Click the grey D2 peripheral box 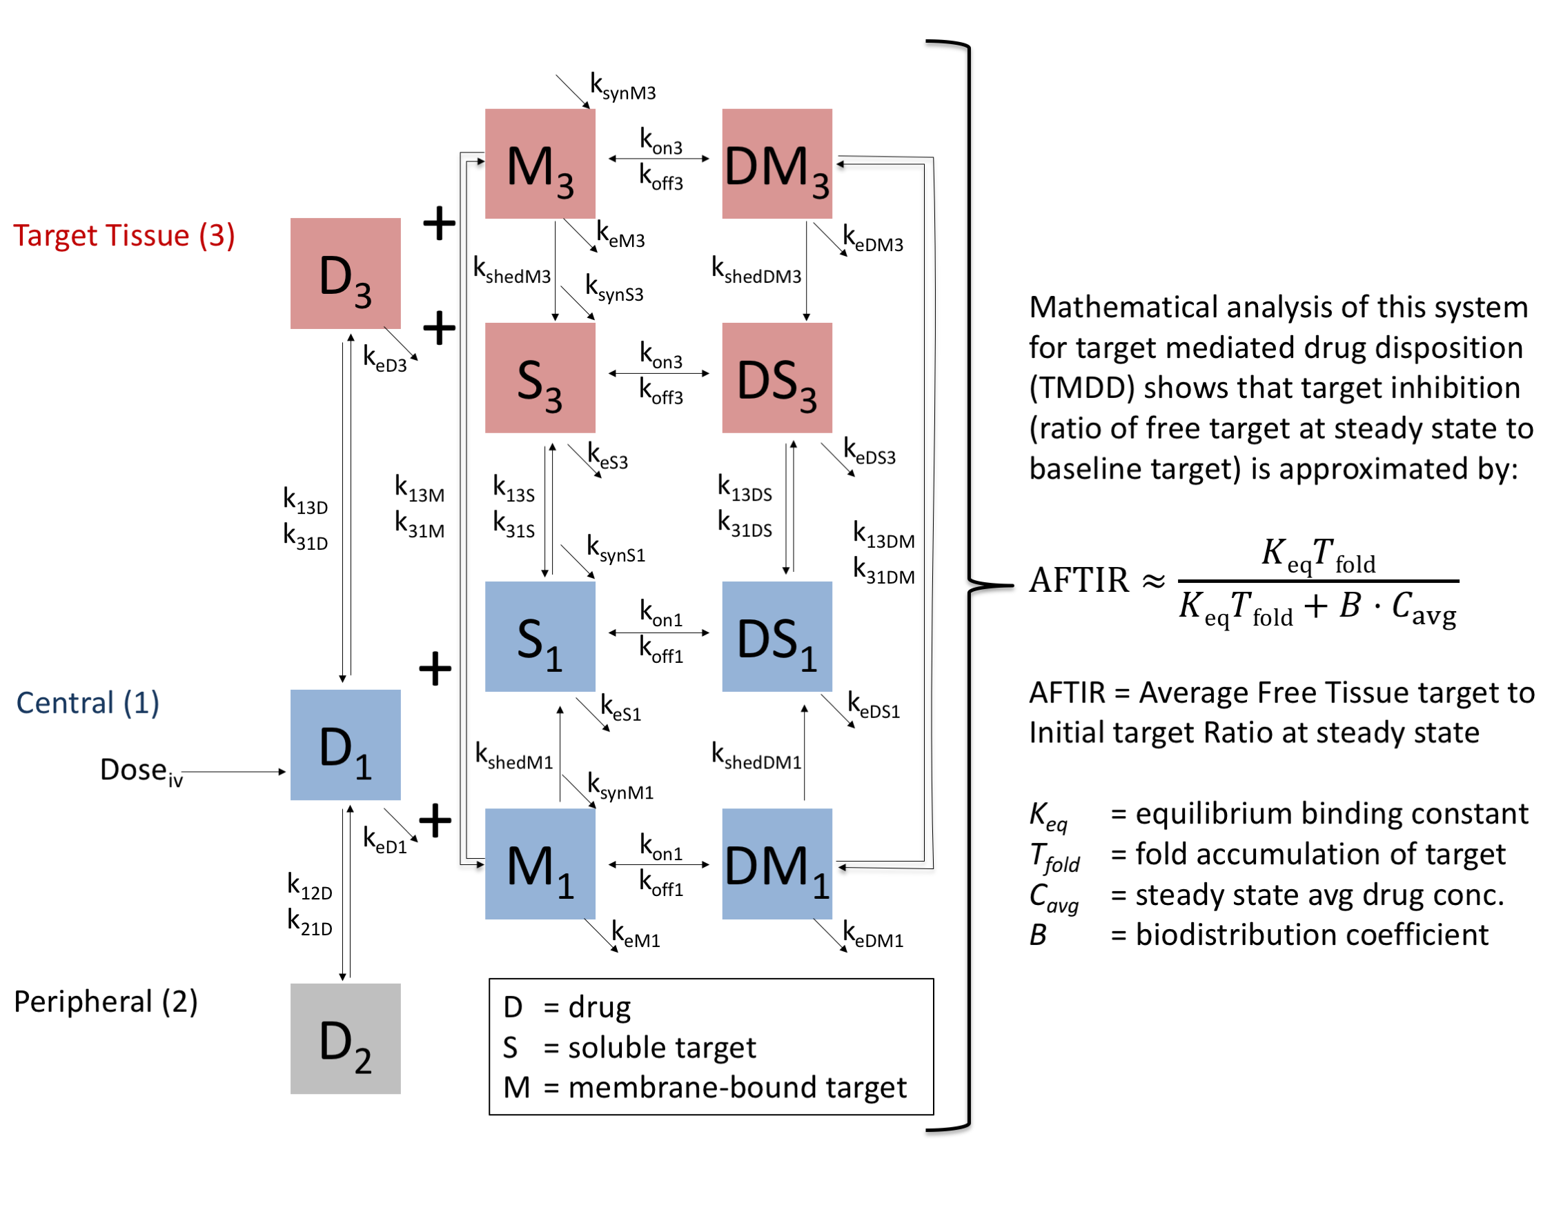tap(345, 1037)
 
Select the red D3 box tap(345, 273)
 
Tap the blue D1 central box tap(345, 744)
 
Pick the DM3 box tap(776, 163)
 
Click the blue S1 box tap(540, 636)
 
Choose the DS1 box tap(776, 636)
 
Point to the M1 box tap(540, 864)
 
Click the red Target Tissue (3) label tap(124, 235)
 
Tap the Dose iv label tap(141, 770)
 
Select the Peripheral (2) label tap(105, 1001)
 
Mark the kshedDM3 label tap(756, 271)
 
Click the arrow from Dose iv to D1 tap(235, 771)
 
